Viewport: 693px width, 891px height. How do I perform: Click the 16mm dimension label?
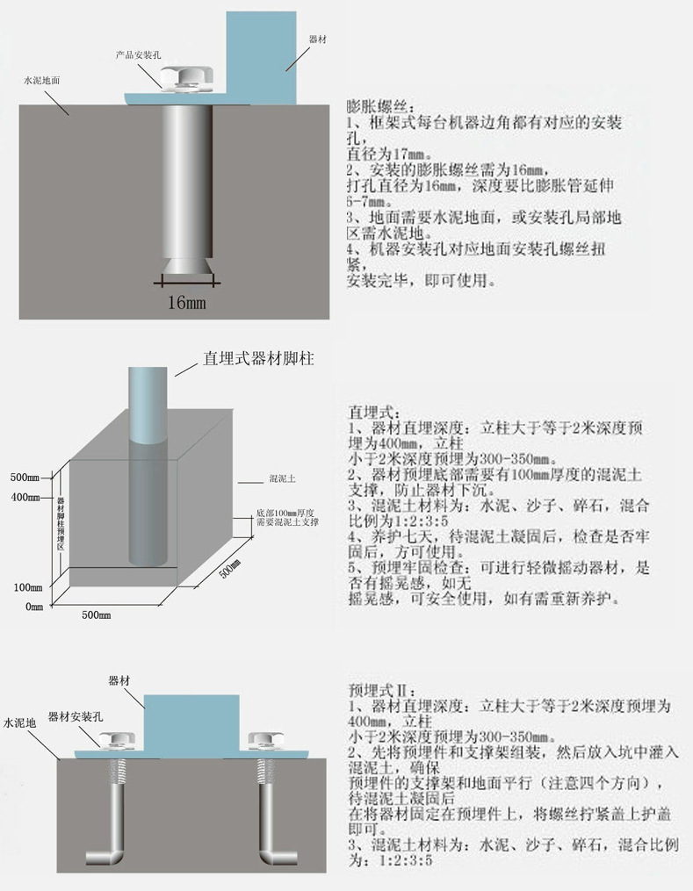186,304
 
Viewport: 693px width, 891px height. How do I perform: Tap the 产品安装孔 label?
138,54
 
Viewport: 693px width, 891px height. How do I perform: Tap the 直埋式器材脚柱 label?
258,359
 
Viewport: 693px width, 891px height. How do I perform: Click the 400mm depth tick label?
25,498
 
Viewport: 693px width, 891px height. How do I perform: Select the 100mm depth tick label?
25,587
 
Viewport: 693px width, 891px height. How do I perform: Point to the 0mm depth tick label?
33,607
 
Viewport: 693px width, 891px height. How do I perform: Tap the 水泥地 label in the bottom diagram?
19,724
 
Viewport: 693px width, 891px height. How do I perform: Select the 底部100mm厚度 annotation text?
286,512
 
